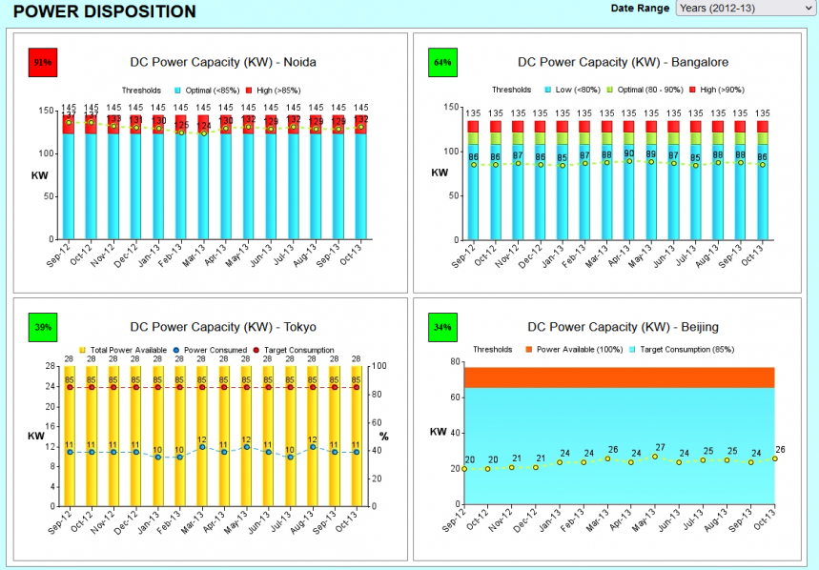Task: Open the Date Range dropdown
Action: pyautogui.click(x=745, y=9)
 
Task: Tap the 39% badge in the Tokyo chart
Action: pyautogui.click(x=44, y=327)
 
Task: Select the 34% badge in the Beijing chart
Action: pyautogui.click(x=442, y=327)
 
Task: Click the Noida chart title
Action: pyautogui.click(x=223, y=62)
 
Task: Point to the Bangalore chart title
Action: pyautogui.click(x=623, y=62)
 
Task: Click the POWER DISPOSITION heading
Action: pyautogui.click(x=105, y=11)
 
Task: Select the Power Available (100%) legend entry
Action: pyautogui.click(x=572, y=350)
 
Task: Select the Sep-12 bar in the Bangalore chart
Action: pyautogui.click(x=473, y=181)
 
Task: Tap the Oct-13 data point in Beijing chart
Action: pyautogui.click(x=775, y=458)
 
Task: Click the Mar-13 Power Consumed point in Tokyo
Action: pyautogui.click(x=202, y=446)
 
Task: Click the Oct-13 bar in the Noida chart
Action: pyautogui.click(x=360, y=181)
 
